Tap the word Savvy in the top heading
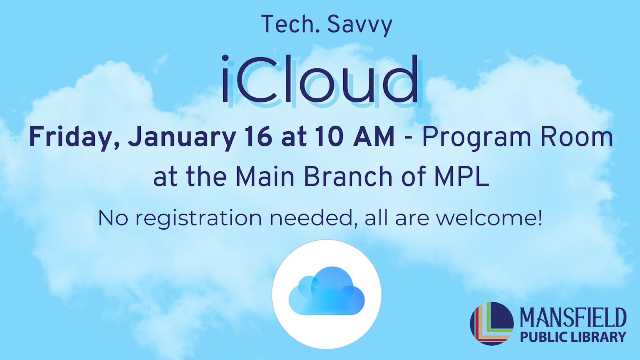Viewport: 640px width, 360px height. tap(360, 25)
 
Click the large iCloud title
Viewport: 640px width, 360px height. tap(320, 80)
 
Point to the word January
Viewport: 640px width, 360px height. tap(182, 137)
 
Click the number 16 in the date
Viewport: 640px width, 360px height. tap(259, 136)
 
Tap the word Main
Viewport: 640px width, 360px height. tap(265, 176)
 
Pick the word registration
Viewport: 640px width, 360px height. tap(199, 218)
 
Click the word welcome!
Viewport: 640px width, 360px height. tap(489, 218)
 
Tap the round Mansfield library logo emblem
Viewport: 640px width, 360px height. tap(492, 323)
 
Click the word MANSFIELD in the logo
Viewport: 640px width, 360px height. tap(573, 318)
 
